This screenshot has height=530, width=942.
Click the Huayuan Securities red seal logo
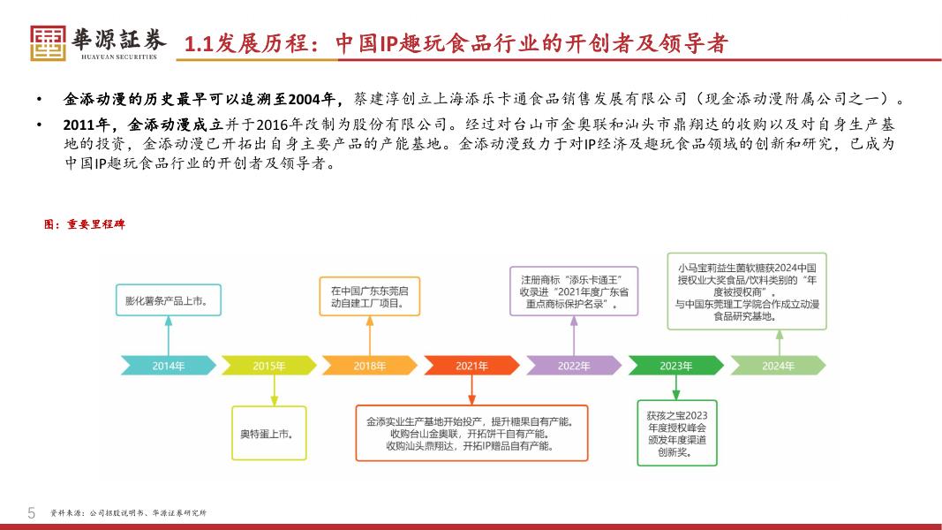(x=48, y=42)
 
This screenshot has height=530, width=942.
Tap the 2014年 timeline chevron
(x=168, y=365)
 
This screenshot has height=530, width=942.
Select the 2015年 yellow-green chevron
(x=268, y=365)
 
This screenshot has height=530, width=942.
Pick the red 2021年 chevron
(x=471, y=365)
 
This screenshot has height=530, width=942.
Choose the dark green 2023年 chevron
(x=674, y=365)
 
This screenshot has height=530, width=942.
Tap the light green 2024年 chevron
(x=777, y=365)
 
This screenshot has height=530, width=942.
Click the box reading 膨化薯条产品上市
(x=168, y=300)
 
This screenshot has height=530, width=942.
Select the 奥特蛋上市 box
(x=268, y=433)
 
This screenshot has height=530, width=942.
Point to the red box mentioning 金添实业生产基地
(x=471, y=433)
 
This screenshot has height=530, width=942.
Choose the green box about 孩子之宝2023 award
(x=676, y=433)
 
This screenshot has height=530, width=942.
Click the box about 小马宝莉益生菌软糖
(x=747, y=291)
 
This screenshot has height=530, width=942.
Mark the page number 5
(x=32, y=512)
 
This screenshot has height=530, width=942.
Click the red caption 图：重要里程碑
(x=85, y=224)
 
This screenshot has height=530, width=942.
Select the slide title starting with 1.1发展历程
(x=456, y=43)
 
